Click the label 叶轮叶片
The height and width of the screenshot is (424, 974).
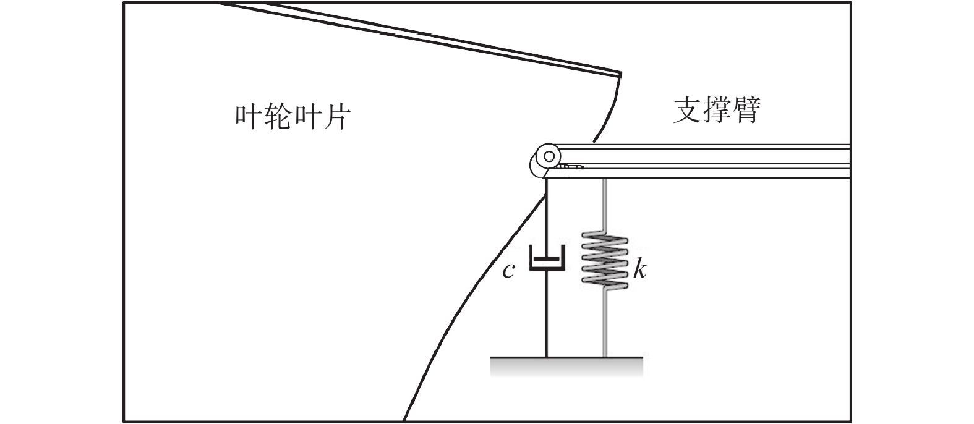pos(293,116)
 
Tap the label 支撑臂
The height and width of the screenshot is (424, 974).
pos(716,110)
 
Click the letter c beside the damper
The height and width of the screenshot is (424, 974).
pos(508,270)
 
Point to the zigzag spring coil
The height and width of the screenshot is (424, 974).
pos(605,260)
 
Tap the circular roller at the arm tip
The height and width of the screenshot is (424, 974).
pos(549,155)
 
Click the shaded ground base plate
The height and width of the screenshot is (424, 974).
pos(566,366)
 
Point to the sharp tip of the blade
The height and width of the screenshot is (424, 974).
pos(620,74)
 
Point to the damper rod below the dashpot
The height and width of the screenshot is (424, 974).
pos(547,312)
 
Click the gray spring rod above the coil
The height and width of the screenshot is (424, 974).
pos(605,204)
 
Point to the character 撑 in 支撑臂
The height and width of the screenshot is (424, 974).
pos(716,110)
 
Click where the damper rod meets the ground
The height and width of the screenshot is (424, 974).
pos(547,357)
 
